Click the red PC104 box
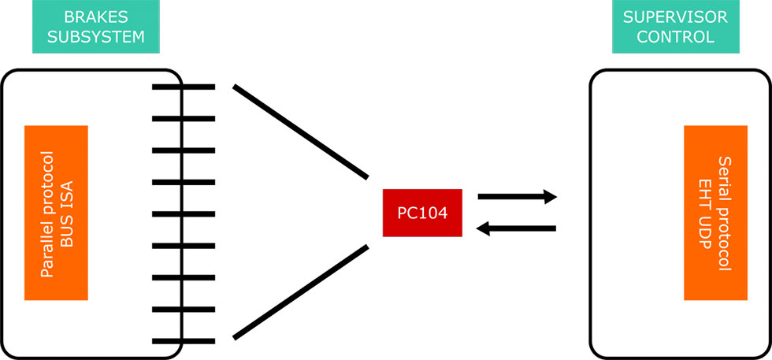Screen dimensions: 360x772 click(x=422, y=213)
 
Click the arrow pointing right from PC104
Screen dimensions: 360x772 click(x=517, y=197)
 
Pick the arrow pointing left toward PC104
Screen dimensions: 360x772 click(x=517, y=229)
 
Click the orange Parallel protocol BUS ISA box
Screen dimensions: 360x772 click(x=56, y=213)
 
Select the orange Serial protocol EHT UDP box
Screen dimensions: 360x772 click(x=714, y=213)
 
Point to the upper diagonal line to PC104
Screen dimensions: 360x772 click(x=300, y=132)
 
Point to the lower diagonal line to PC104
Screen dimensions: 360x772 click(x=300, y=293)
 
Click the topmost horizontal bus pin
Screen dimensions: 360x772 click(x=183, y=87)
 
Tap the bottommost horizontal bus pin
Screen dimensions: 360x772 click(x=183, y=341)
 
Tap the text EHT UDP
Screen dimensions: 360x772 click(x=704, y=213)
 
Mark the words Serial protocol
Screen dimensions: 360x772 click(x=724, y=213)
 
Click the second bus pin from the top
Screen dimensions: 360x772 click(x=183, y=118)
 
